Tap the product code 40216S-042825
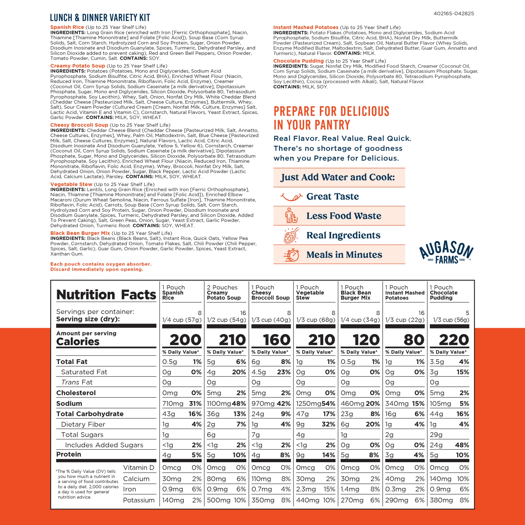(453, 14)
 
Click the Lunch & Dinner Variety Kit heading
(100, 18)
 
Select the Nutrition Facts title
(106, 295)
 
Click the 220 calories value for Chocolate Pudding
(453, 340)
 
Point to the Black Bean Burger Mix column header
(356, 293)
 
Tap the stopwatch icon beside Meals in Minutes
(291, 255)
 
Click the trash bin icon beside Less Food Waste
(291, 216)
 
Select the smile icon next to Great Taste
(291, 196)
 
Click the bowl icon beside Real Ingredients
(291, 235)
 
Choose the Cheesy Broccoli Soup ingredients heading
(79, 125)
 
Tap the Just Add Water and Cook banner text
(338, 177)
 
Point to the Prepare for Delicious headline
(331, 118)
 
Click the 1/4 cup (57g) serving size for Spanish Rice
(182, 320)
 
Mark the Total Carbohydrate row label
(90, 414)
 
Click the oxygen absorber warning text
(101, 267)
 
